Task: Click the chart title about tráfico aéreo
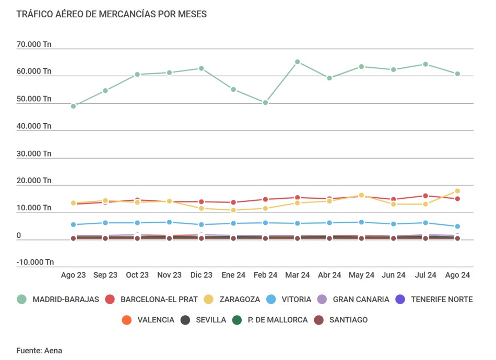[112, 14]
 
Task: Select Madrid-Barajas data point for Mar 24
[297, 62]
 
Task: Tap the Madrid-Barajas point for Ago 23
[74, 106]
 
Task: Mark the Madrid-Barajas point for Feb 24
[265, 103]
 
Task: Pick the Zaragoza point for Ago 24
[457, 191]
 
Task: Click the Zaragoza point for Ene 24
[233, 210]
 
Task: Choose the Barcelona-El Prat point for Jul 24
[426, 196]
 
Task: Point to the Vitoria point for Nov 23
[169, 222]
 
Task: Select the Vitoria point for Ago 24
[457, 226]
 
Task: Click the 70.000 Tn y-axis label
[34, 44]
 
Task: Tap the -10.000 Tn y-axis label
[35, 262]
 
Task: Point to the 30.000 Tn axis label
[34, 153]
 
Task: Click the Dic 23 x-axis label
[202, 275]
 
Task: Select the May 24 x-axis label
[361, 275]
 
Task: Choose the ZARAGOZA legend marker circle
[208, 299]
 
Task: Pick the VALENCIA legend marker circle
[126, 320]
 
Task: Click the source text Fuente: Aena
[39, 351]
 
